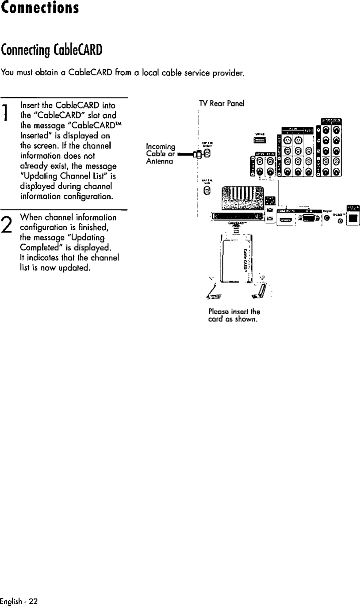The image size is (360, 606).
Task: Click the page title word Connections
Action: click(40, 8)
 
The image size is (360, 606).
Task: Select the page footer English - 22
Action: click(19, 602)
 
